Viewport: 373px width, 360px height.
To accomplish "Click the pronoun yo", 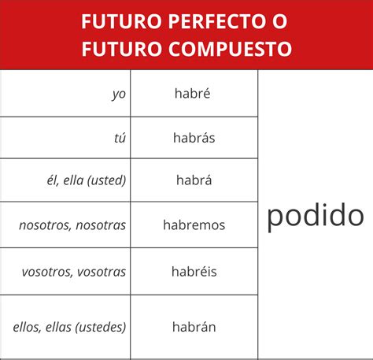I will (x=119, y=94).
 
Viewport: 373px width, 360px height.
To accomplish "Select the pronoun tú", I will (x=120, y=138).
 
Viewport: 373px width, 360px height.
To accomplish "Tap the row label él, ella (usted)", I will (x=87, y=181).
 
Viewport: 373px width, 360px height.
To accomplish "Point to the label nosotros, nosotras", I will (x=72, y=225).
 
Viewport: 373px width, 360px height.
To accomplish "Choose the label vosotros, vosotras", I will (x=74, y=272).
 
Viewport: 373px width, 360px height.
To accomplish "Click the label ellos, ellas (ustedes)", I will (x=70, y=326).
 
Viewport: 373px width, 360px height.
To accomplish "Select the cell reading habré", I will (x=194, y=93).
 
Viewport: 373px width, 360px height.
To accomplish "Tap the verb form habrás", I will (x=194, y=137).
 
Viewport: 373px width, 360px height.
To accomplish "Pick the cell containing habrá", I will (x=194, y=181).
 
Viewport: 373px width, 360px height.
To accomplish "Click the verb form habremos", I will (x=194, y=225).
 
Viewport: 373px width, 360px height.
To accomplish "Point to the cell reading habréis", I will (x=194, y=272).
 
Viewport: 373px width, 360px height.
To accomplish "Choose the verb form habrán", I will (x=194, y=326).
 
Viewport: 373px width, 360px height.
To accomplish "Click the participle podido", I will (x=316, y=215).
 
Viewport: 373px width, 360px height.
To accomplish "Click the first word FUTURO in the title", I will (x=116, y=21).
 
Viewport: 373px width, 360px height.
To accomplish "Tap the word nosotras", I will (x=102, y=225).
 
